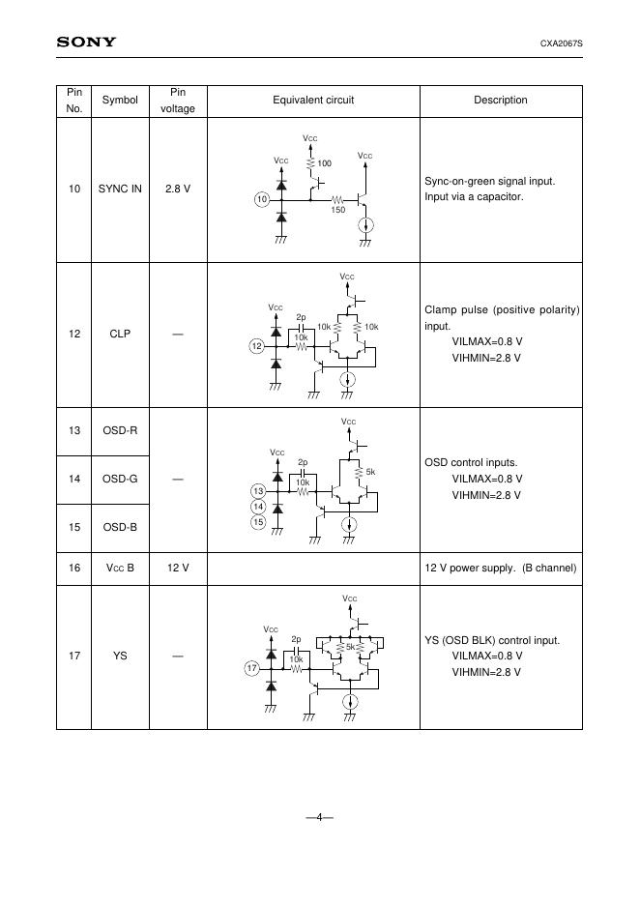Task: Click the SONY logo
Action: pyautogui.click(x=86, y=42)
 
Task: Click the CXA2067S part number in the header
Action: pyautogui.click(x=560, y=44)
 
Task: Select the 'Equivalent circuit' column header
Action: pyautogui.click(x=313, y=100)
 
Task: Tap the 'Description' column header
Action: pyautogui.click(x=500, y=100)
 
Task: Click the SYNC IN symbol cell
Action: pyautogui.click(x=120, y=189)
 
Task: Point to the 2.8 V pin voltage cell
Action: pyautogui.click(x=178, y=189)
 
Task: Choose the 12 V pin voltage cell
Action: pyautogui.click(x=178, y=568)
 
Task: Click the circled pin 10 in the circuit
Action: pyautogui.click(x=261, y=199)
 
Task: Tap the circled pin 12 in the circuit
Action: pyautogui.click(x=256, y=345)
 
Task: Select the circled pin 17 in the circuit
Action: pyautogui.click(x=252, y=668)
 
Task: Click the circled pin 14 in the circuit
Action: pyautogui.click(x=258, y=507)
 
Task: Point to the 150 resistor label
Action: pyautogui.click(x=338, y=210)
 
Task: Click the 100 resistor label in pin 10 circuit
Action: pyautogui.click(x=324, y=163)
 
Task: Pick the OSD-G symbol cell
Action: pyautogui.click(x=120, y=479)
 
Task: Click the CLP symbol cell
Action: pyautogui.click(x=120, y=334)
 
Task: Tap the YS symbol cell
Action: pyautogui.click(x=120, y=657)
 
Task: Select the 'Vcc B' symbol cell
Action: pyautogui.click(x=120, y=568)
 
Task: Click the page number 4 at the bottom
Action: pyautogui.click(x=319, y=817)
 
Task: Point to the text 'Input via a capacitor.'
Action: pyautogui.click(x=474, y=197)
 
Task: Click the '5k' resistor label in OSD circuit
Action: pyautogui.click(x=370, y=472)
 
